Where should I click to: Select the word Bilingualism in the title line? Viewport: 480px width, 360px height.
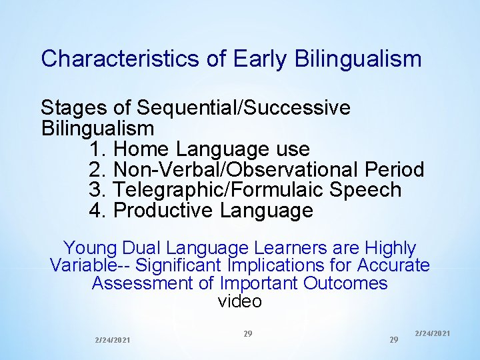(x=361, y=59)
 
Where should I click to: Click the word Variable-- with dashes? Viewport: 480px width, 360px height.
(x=90, y=265)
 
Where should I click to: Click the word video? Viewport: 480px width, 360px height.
(x=240, y=301)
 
